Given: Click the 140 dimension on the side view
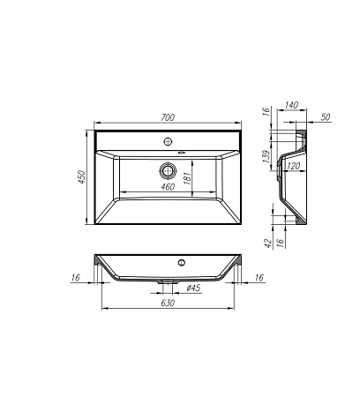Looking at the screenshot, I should [292, 104].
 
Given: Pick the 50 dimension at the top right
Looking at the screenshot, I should [326, 116].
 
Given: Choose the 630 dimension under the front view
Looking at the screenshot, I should [167, 303].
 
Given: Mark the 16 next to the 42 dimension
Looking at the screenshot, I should [281, 237].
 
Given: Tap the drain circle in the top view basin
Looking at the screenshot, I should [167, 170].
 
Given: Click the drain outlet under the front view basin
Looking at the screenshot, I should [167, 283].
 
